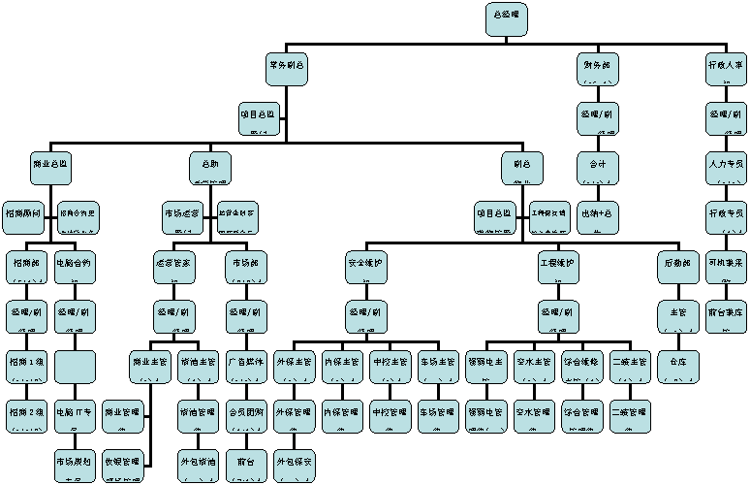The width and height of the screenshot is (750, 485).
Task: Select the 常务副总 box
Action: point(287,69)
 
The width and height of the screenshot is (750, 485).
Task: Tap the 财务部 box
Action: point(598,69)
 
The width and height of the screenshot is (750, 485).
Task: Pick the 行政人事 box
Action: point(726,69)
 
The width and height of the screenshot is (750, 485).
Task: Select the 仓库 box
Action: point(678,366)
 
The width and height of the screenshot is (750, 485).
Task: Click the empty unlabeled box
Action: point(75,366)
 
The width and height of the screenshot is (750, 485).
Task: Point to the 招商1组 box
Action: point(26,366)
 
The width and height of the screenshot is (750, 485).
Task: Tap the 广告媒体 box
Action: point(246,366)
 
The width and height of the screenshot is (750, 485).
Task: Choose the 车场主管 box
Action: point(438,366)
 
